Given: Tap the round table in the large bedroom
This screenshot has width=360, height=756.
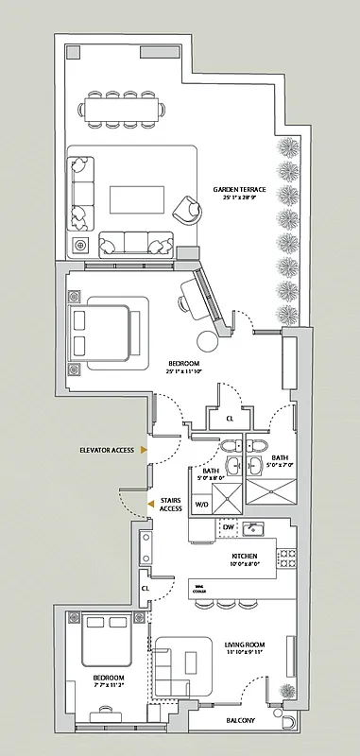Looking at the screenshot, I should click(206, 343).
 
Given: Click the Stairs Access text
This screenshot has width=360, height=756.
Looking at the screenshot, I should click(171, 504).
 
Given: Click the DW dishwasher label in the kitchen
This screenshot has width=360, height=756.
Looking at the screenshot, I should click(201, 527).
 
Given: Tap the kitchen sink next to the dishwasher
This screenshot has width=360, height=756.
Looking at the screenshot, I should click(251, 528).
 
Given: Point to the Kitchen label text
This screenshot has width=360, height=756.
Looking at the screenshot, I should click(245, 557).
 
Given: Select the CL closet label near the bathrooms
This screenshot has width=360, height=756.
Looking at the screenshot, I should click(230, 419).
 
